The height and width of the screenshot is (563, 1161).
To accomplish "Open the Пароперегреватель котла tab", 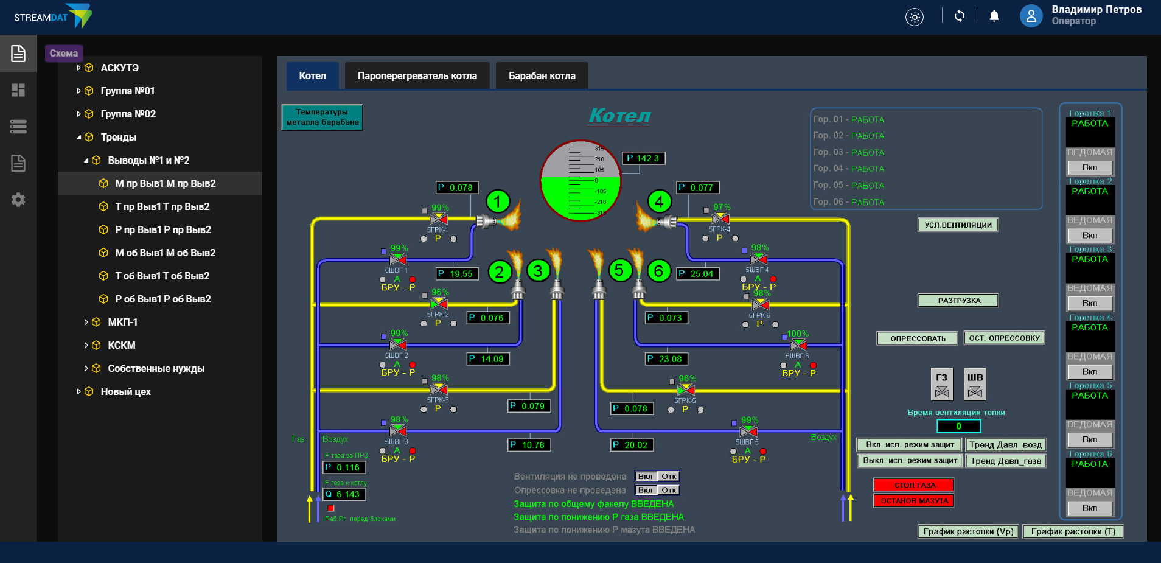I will (417, 76).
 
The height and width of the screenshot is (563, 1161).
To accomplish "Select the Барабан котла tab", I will (542, 76).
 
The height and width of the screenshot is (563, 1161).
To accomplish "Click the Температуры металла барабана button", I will (322, 117).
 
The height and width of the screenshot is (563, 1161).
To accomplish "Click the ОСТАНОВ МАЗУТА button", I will (914, 501).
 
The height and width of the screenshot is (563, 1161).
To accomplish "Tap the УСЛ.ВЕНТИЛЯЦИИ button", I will (958, 225).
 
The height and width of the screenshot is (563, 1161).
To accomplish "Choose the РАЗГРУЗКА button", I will (958, 301).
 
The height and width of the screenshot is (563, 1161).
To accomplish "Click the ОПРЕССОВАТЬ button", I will (918, 338).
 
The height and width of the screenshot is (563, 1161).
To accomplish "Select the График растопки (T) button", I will (1073, 531).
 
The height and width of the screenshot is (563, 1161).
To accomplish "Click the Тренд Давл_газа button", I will (1005, 461).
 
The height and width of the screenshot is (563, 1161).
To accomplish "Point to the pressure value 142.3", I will (644, 158).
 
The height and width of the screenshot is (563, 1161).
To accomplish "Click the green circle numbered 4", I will (659, 201).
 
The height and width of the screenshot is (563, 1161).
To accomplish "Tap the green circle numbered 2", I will (500, 271).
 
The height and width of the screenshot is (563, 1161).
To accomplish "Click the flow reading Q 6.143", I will (344, 494).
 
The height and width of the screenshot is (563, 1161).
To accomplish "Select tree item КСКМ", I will (122, 345).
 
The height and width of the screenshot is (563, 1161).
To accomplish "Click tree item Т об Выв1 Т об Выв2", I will (162, 276).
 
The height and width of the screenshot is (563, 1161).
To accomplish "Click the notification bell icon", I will (994, 16).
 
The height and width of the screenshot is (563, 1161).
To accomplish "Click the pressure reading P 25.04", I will (699, 274).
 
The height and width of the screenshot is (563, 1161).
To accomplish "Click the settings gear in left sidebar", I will (18, 200).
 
